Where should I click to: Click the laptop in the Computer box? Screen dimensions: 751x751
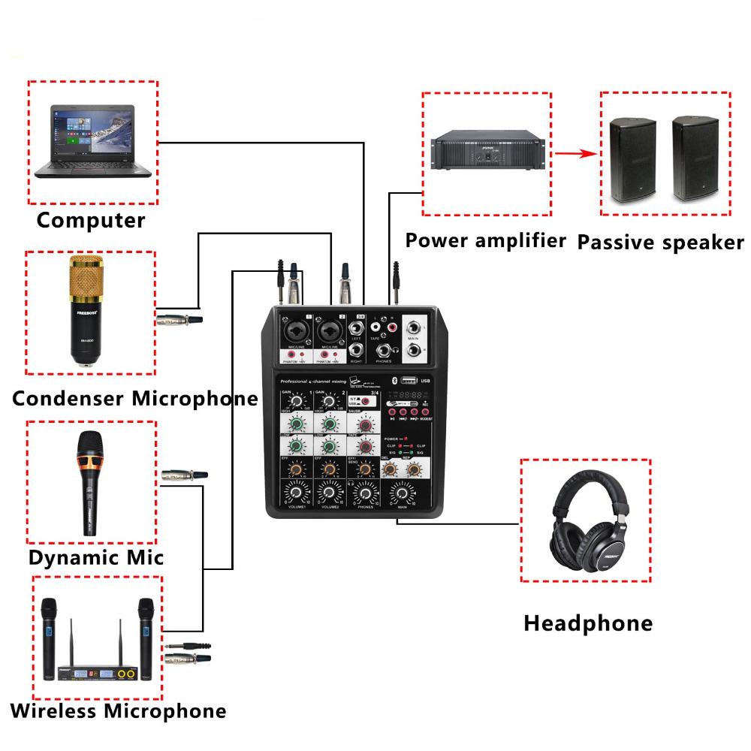point(93,140)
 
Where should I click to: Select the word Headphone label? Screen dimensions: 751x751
point(588,623)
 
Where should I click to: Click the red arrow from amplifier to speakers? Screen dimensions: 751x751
point(576,155)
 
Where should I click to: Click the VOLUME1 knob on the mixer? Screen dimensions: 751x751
point(296,493)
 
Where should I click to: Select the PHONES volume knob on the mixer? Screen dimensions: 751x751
point(366,494)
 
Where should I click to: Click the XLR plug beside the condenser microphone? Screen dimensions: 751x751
point(179,320)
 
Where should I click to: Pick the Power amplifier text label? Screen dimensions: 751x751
point(484,240)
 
